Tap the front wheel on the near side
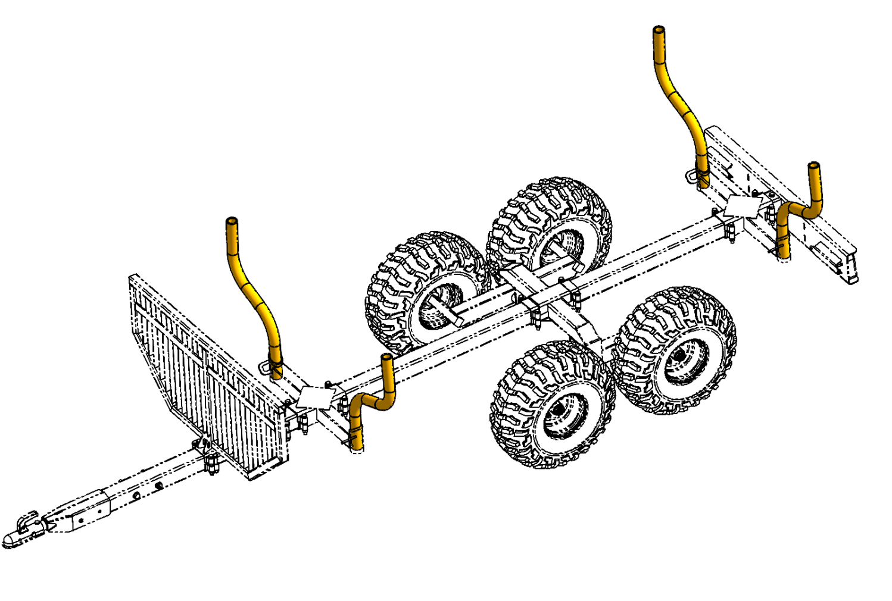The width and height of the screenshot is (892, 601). (553, 405)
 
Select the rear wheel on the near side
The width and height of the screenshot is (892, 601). (676, 351)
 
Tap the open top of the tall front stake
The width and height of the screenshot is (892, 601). (232, 221)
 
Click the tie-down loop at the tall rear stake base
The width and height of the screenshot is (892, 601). (691, 175)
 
